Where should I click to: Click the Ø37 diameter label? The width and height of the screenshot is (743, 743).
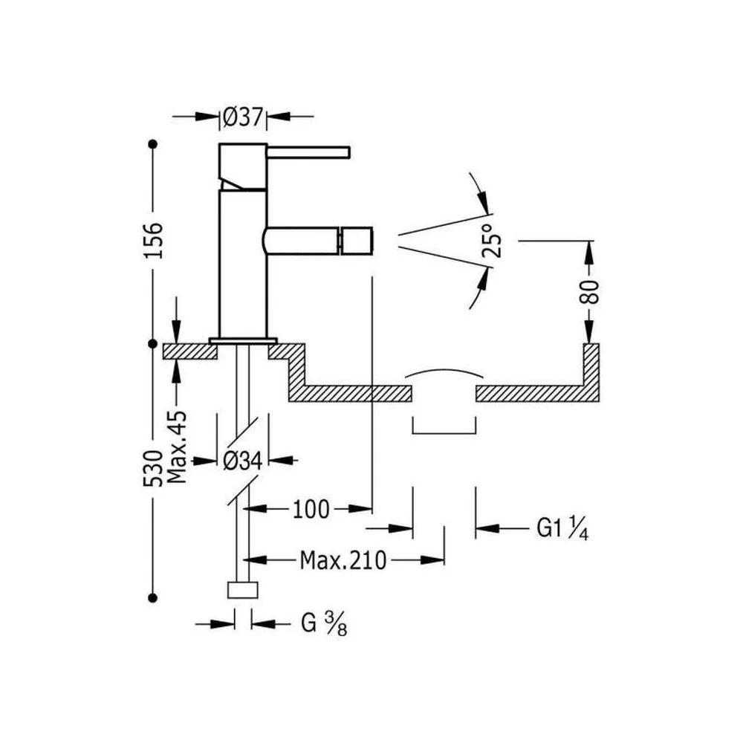pyautogui.click(x=243, y=117)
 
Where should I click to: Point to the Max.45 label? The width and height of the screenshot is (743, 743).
pyautogui.click(x=178, y=447)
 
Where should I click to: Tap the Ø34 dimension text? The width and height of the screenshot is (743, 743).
pyautogui.click(x=243, y=461)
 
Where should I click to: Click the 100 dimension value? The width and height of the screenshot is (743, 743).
pyautogui.click(x=311, y=510)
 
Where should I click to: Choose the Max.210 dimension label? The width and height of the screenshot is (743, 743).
pyautogui.click(x=343, y=560)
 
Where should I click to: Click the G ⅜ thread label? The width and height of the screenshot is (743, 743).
pyautogui.click(x=324, y=623)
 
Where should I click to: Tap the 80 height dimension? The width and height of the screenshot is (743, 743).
pyautogui.click(x=589, y=292)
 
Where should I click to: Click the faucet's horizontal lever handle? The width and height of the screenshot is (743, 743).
pyautogui.click(x=308, y=152)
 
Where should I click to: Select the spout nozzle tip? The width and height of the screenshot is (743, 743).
pyautogui.click(x=355, y=241)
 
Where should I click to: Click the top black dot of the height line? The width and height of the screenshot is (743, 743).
pyautogui.click(x=152, y=143)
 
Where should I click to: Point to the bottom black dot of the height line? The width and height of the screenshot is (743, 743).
pyautogui.click(x=152, y=598)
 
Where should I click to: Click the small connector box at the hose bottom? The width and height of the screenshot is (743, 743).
pyautogui.click(x=243, y=590)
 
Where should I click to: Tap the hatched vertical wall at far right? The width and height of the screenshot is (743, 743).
pyautogui.click(x=591, y=372)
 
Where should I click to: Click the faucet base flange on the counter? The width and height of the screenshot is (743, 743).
pyautogui.click(x=243, y=340)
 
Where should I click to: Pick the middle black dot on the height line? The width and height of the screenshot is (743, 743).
pyautogui.click(x=152, y=343)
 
